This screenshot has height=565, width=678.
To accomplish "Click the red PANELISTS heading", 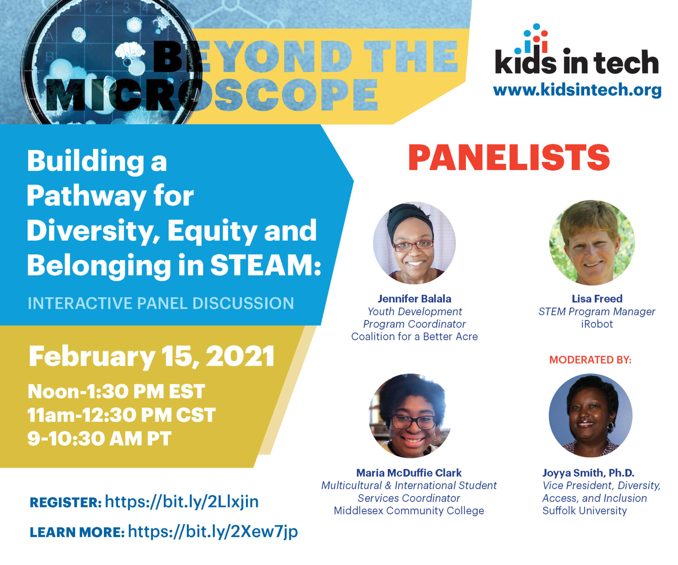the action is (x=509, y=157).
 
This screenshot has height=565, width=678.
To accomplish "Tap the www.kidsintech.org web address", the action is (x=577, y=90).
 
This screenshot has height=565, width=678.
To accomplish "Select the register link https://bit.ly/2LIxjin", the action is (x=182, y=501).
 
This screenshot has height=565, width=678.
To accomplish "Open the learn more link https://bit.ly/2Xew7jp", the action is (x=213, y=531).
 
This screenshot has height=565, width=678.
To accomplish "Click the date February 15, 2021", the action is (x=151, y=357).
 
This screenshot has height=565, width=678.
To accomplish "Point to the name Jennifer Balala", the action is (x=414, y=299).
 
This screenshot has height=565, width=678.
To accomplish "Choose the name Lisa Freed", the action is (x=597, y=299).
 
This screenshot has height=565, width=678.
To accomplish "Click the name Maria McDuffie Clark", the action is (x=409, y=473).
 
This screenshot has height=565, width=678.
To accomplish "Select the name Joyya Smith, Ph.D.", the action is (x=588, y=473).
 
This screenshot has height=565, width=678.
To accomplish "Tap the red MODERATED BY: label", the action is (x=590, y=360).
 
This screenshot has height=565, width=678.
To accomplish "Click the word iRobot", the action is (x=597, y=324).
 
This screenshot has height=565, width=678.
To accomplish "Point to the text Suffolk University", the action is (x=584, y=511).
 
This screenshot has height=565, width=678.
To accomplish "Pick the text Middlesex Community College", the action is (x=409, y=511).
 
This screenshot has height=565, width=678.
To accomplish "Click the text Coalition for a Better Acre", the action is (x=414, y=336).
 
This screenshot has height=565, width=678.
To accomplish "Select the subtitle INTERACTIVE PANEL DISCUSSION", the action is (x=161, y=303).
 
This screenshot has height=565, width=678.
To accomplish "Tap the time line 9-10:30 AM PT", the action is (x=99, y=439).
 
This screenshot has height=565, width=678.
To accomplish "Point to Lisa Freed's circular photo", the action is (x=592, y=243).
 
